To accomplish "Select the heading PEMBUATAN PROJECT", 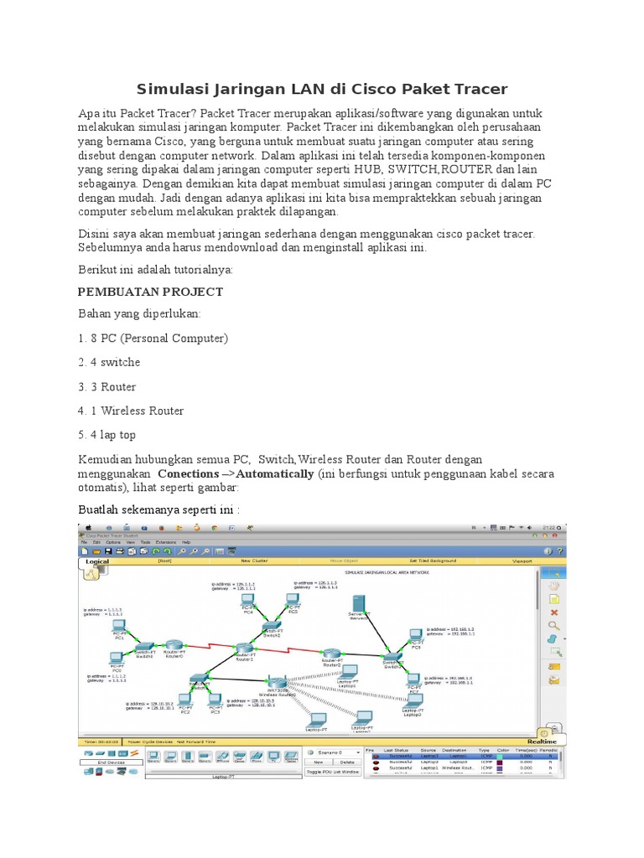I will tap(150, 292).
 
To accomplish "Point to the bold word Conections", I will tap(189, 473).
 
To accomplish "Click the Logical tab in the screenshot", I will tap(98, 562).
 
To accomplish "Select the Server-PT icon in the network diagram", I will tap(359, 606).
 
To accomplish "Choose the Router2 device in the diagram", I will tap(332, 654).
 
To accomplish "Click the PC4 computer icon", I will tap(249, 602).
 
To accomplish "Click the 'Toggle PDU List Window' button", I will tap(333, 772).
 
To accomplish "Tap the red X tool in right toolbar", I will tap(553, 612).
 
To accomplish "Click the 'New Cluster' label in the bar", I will tap(254, 561).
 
